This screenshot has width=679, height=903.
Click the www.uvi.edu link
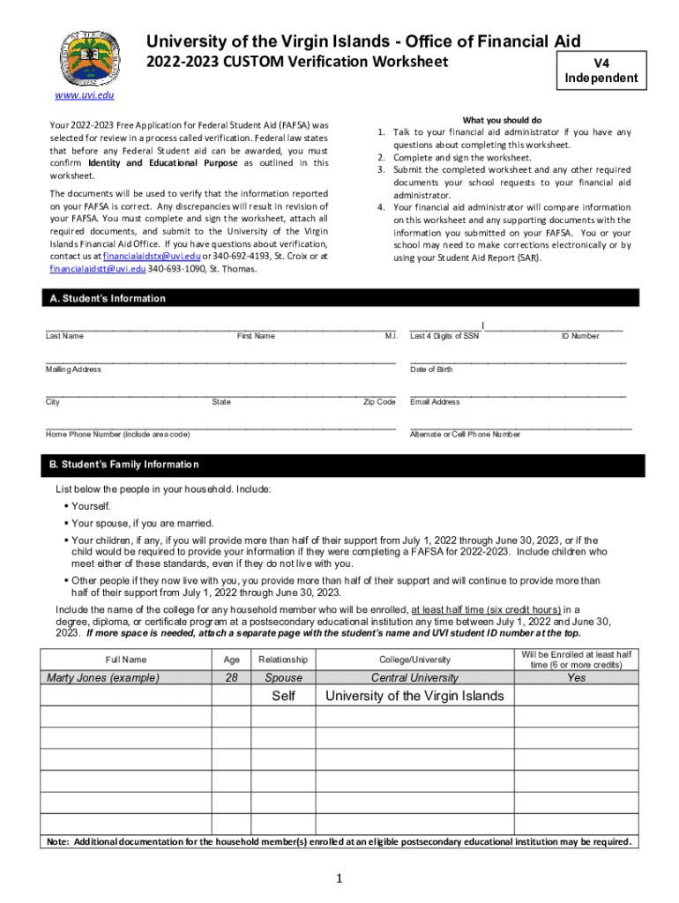[85, 95]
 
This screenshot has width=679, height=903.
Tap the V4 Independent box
[601, 71]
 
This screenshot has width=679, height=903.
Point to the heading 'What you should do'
[502, 120]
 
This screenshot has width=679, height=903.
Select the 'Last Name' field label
[64, 336]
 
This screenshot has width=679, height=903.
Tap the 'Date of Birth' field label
[431, 369]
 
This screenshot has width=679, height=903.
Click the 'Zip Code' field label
[379, 402]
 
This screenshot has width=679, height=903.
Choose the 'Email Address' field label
[435, 402]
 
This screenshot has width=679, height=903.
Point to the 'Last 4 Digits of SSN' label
[444, 336]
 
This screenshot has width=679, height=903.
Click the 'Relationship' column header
[283, 660]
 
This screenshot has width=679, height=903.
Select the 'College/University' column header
[414, 660]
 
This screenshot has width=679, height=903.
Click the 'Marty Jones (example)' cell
[103, 677]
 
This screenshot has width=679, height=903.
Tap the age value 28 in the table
[231, 677]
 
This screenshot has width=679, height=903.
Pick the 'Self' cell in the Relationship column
[283, 696]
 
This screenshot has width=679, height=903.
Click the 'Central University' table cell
[414, 677]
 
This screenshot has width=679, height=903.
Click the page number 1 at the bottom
[339, 878]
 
